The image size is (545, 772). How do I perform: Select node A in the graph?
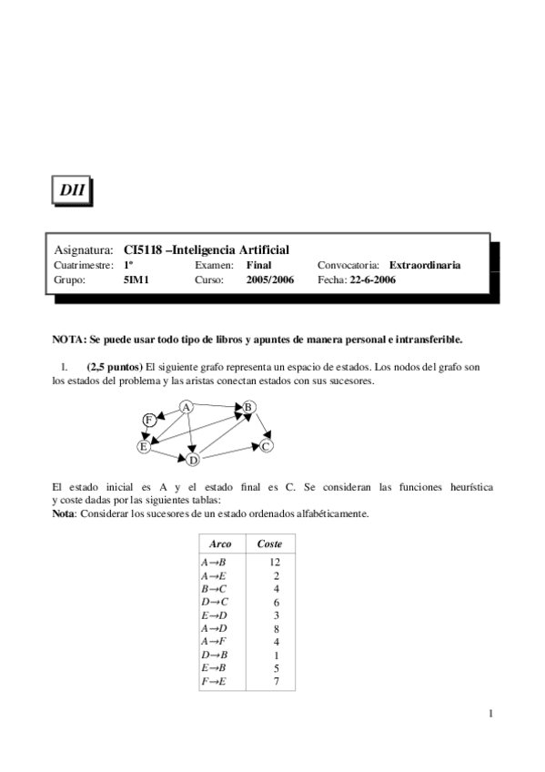tap(186, 406)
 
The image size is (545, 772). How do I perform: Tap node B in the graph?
tap(250, 407)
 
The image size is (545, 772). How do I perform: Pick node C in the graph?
tap(266, 446)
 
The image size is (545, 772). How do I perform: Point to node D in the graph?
tap(193, 460)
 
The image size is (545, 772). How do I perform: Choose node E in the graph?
tap(143, 446)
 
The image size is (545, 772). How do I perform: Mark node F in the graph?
tap(148, 420)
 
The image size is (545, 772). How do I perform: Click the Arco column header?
tap(220, 543)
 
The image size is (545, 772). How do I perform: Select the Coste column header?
tap(270, 543)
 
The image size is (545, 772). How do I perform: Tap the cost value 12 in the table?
tap(275, 563)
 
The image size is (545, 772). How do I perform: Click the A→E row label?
tap(213, 576)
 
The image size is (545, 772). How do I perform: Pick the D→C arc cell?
tap(213, 603)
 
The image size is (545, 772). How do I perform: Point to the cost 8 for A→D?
tap(276, 628)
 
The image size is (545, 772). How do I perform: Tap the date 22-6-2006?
tap(373, 280)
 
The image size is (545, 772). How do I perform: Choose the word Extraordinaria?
tap(425, 265)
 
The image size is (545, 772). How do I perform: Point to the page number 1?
tap(490, 713)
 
